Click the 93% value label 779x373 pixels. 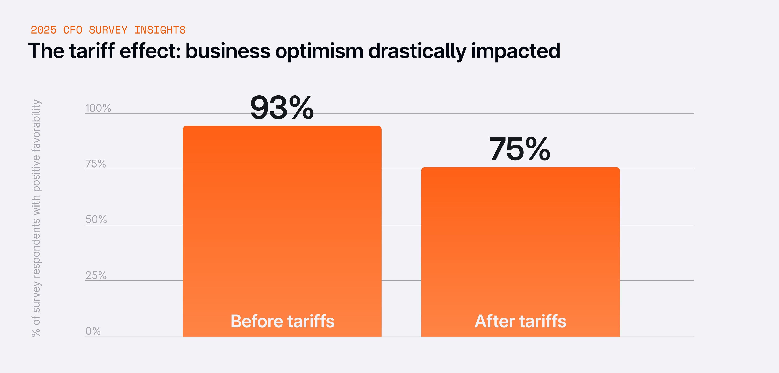(282, 108)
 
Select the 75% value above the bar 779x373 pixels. (520, 149)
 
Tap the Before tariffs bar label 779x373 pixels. (282, 321)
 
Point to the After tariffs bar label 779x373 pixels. (520, 321)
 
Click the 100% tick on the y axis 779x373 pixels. (98, 108)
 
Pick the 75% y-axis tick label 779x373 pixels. (96, 164)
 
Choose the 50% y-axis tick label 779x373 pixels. (96, 219)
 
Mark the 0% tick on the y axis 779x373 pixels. (93, 331)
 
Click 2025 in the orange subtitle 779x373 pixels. (44, 30)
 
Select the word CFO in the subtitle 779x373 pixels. (73, 30)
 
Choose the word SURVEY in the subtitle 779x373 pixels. (108, 30)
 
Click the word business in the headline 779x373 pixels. (228, 51)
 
